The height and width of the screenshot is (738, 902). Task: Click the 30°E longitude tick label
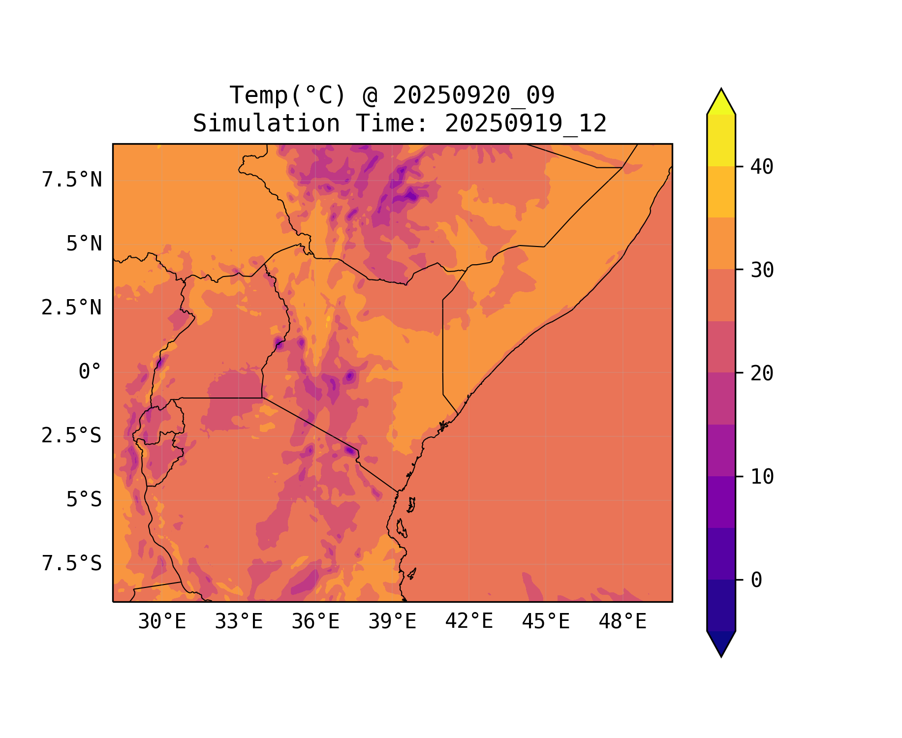162,622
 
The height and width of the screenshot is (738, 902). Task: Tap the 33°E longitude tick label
239,622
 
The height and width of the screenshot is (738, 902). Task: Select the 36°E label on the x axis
315,622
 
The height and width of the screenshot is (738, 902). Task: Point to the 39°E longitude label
392,622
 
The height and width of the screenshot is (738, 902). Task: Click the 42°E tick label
469,621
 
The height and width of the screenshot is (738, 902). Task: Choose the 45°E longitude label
546,622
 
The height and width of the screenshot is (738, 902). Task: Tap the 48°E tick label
622,622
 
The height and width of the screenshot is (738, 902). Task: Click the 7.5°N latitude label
72,180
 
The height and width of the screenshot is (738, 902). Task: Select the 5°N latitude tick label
84,244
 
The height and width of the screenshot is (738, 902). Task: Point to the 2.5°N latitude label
72,308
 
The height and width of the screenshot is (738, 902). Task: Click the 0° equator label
90,372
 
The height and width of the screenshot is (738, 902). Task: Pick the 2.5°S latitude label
72,436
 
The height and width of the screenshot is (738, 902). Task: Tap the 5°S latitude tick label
84,500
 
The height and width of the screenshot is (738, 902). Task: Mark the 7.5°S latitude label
72,564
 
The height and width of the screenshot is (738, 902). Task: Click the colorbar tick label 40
762,167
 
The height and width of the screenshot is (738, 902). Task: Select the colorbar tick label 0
756,581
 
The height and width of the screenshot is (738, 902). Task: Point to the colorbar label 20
762,373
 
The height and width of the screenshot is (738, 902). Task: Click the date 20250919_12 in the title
526,123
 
